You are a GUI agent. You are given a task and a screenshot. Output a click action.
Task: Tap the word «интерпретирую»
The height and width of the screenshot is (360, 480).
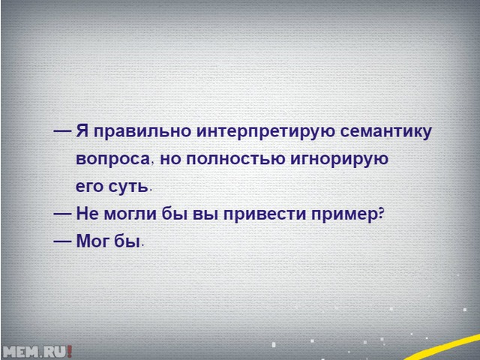(265, 132)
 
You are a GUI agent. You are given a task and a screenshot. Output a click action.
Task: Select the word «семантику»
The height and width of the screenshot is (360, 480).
(386, 132)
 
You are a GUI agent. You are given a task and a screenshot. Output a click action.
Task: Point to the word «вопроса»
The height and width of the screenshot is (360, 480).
(113, 159)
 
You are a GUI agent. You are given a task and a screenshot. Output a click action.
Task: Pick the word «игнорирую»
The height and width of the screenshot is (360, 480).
(339, 160)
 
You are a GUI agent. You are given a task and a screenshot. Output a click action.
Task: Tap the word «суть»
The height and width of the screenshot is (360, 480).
(128, 186)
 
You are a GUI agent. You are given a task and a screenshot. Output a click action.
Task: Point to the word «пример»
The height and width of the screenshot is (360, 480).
(345, 214)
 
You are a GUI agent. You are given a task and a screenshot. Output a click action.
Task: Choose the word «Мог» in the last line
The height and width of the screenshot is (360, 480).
(93, 241)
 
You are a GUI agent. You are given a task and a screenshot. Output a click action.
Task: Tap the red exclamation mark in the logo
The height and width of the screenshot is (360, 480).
(70, 352)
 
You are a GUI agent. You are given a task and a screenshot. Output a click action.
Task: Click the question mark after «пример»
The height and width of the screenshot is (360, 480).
(381, 212)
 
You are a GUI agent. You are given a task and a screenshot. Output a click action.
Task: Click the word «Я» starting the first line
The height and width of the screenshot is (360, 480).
(81, 130)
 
